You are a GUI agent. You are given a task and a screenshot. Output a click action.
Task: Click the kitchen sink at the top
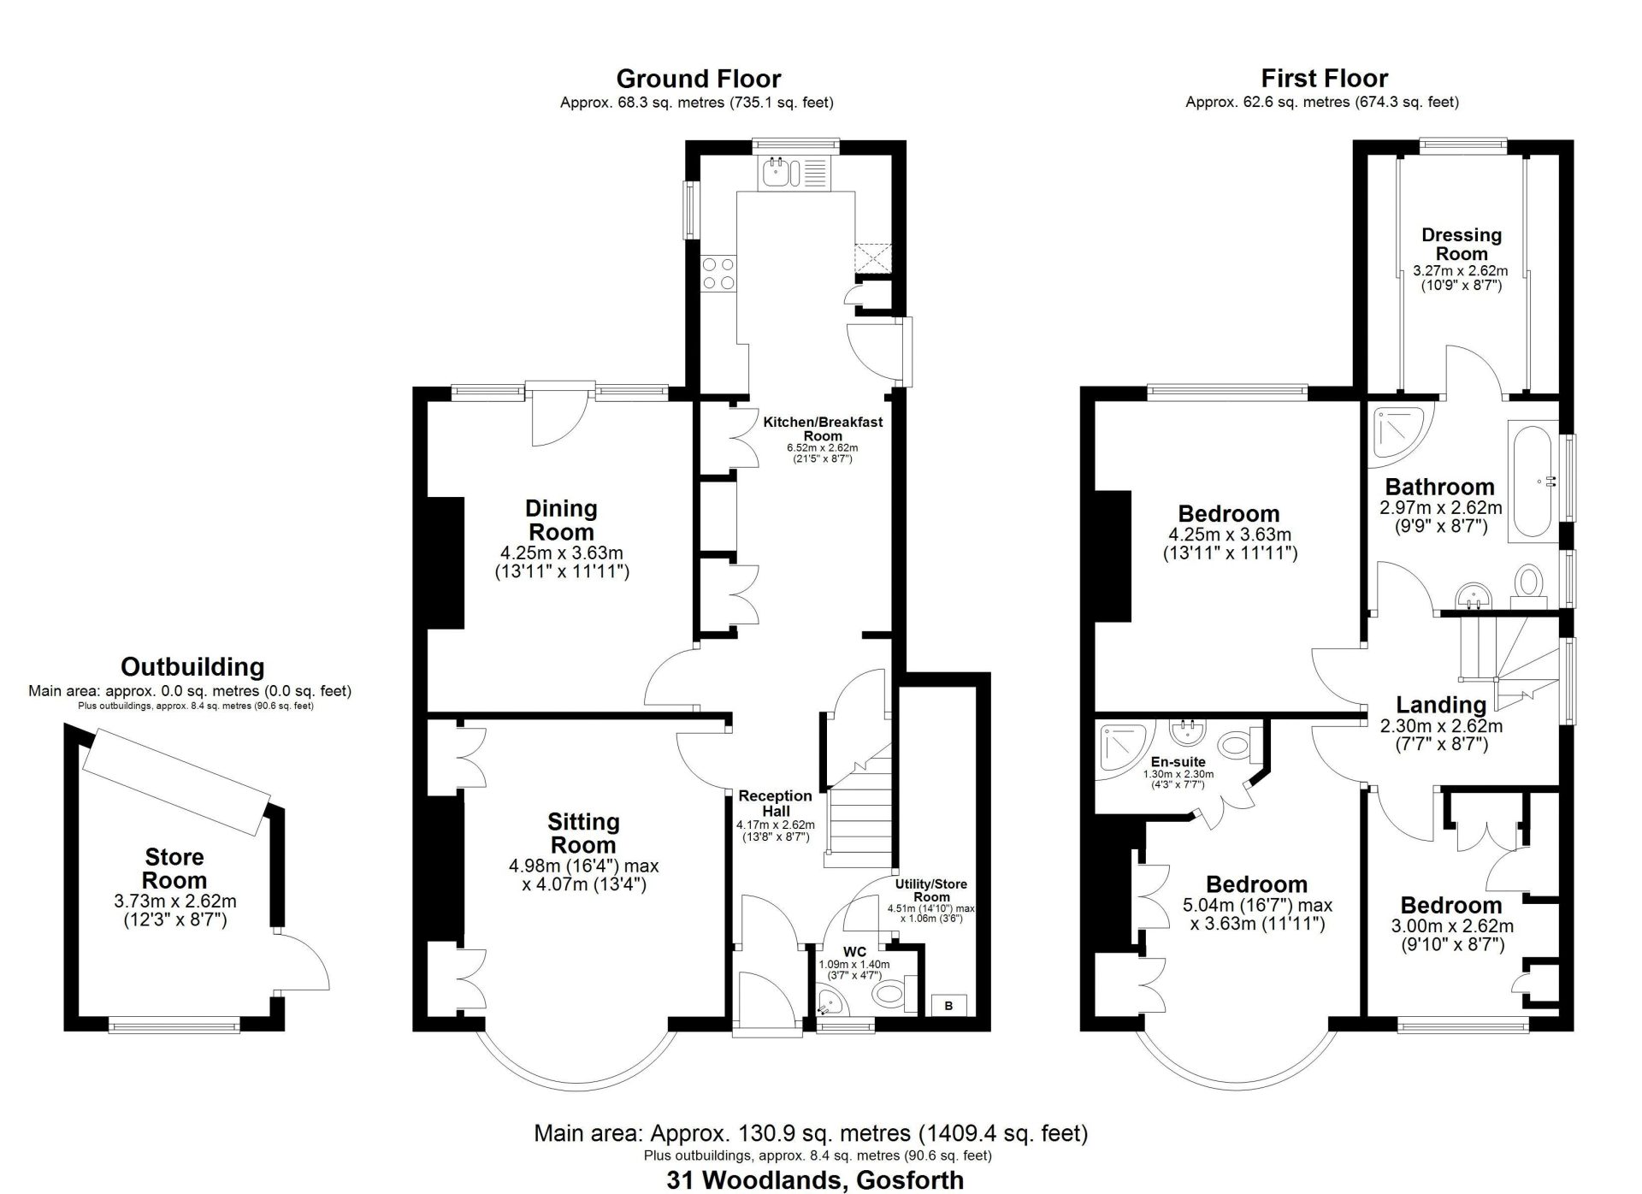click(x=778, y=173)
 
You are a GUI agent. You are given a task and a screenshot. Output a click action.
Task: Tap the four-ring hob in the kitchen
click(x=718, y=274)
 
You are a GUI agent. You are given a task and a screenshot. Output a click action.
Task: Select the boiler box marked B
click(x=948, y=1005)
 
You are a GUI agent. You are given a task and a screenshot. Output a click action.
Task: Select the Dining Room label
click(x=561, y=520)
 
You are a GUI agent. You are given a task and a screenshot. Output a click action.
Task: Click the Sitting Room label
click(x=583, y=833)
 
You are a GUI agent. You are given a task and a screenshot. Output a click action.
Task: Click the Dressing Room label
click(x=1462, y=244)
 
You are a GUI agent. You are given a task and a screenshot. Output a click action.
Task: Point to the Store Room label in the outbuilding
click(x=174, y=868)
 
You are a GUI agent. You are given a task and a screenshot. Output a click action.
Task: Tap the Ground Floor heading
click(x=698, y=79)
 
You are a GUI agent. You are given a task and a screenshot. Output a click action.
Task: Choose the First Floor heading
click(x=1324, y=79)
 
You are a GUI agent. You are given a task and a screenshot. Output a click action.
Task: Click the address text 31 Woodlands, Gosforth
click(x=814, y=1180)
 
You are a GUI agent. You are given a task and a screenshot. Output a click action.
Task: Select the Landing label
click(x=1441, y=705)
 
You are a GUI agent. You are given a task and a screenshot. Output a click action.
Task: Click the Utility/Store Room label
click(x=931, y=890)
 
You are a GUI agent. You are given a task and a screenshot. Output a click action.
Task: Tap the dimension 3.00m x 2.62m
click(x=1450, y=925)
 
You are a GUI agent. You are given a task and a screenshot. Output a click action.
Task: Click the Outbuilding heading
click(x=192, y=666)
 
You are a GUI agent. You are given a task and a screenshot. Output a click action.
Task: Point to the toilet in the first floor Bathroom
click(x=1527, y=582)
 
